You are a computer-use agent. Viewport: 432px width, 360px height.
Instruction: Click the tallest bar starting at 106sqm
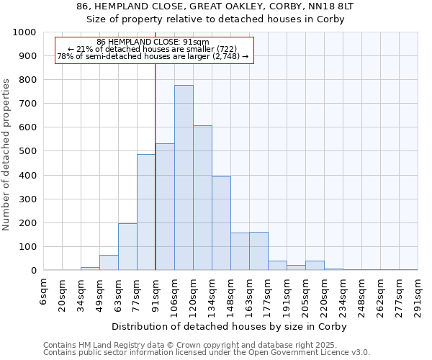pos(184,178)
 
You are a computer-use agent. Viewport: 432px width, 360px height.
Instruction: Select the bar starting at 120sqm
pos(202,198)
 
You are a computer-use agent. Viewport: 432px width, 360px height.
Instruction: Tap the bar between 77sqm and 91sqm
pos(146,212)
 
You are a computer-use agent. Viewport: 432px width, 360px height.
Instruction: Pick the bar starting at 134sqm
pos(221,223)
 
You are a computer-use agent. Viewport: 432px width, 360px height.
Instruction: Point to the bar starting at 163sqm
pos(258,251)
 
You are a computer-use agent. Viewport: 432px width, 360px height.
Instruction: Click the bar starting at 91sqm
pos(165,207)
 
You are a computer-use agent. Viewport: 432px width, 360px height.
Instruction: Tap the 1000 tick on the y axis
pos(24,32)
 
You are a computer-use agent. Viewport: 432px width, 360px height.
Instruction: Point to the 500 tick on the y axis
pos(27,151)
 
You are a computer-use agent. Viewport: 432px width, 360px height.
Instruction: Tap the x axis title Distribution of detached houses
pos(231,326)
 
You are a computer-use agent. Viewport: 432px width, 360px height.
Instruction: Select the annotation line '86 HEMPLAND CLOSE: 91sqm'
pos(153,42)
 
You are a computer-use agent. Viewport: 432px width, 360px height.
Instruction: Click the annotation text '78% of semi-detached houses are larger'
pos(153,56)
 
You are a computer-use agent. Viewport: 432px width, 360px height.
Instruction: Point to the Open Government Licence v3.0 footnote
pos(207,352)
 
